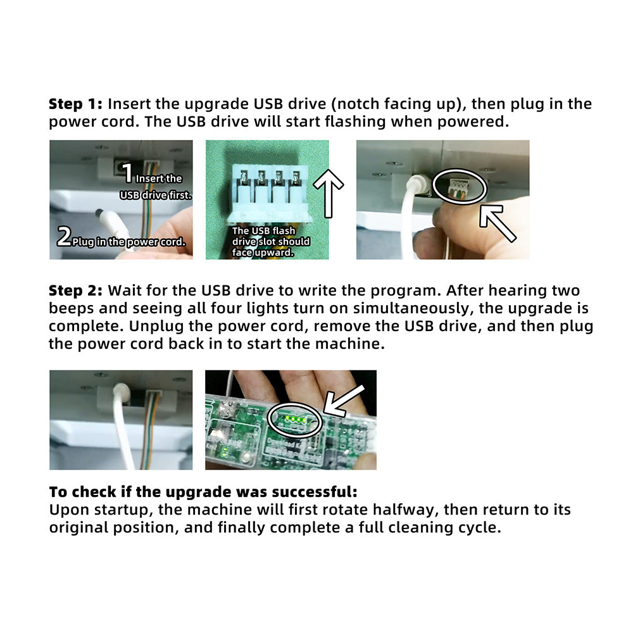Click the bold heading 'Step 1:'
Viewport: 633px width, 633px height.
pos(75,104)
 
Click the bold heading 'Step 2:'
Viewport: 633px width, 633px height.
pos(75,291)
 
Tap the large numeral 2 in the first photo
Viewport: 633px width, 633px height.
pos(64,236)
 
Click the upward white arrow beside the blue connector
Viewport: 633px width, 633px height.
pos(328,193)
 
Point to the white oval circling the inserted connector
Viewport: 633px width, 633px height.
pos(460,170)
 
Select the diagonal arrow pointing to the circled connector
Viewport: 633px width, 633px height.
pos(498,223)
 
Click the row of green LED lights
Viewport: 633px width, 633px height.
pos(294,419)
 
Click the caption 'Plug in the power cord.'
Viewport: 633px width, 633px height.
pos(128,242)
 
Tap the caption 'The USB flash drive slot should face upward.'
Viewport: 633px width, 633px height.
pos(270,241)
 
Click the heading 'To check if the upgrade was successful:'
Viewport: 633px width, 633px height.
pos(203,492)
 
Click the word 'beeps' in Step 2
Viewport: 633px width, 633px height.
pos(71,308)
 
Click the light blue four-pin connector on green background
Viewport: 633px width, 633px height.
pos(270,193)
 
